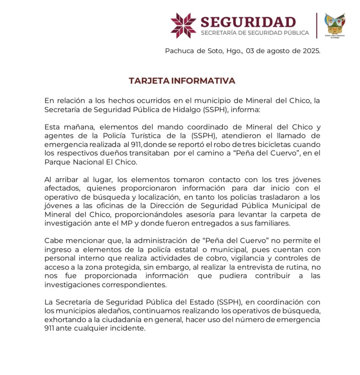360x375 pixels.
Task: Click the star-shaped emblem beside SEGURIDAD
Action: [x=183, y=26]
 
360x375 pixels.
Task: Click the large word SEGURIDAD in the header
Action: [x=248, y=22]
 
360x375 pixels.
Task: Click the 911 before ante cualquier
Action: [x=50, y=328]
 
